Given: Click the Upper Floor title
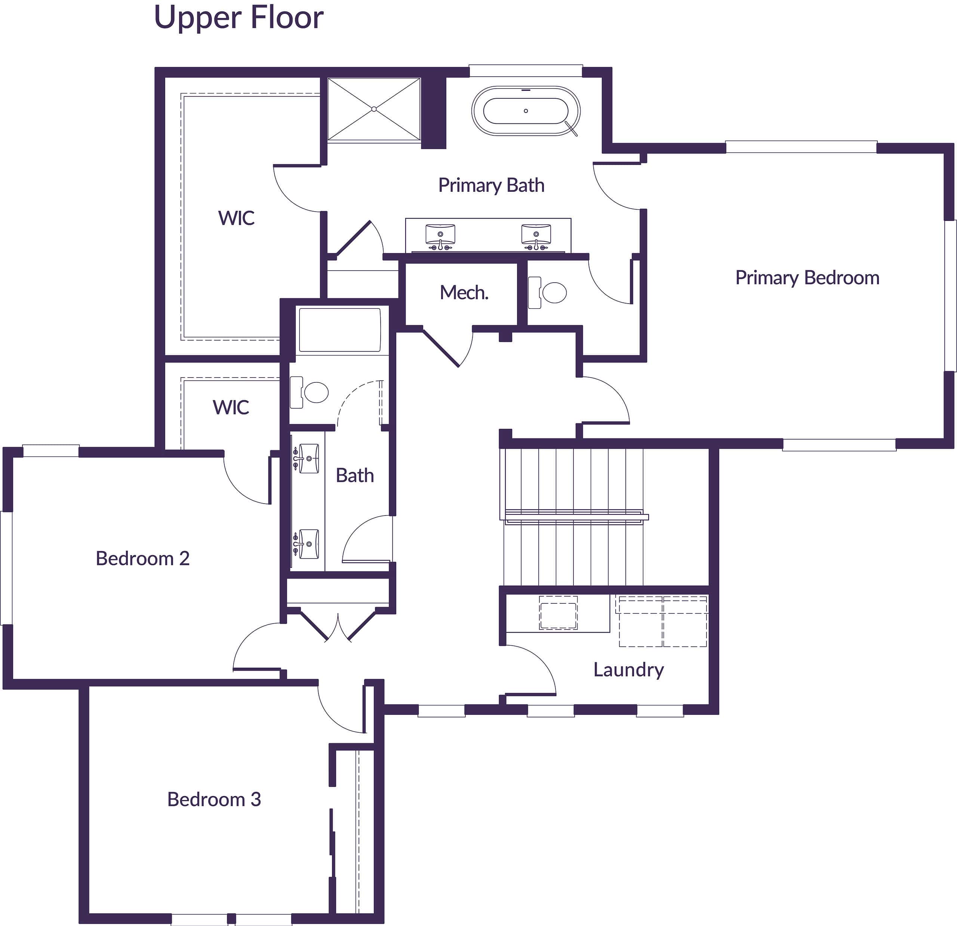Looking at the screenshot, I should tap(238, 18).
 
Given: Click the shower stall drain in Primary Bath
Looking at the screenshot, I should tap(374, 109).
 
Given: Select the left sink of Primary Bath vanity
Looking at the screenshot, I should tap(440, 234).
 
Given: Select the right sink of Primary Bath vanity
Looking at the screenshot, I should tap(536, 234).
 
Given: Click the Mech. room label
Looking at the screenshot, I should tap(464, 293).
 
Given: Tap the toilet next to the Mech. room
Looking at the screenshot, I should tap(552, 293).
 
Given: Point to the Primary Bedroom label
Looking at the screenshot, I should tap(807, 277).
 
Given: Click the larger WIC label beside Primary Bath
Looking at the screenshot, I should tap(236, 218).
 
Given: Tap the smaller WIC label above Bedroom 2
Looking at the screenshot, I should tap(231, 407).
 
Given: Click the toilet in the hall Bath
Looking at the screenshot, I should tap(313, 392).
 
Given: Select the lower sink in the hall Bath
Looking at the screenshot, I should tap(308, 544).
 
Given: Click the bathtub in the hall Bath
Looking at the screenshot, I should tap(339, 330).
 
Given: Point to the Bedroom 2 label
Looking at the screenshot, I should tap(142, 558).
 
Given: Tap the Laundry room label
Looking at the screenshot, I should tap(628, 670).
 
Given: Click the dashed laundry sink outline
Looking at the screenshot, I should tap(558, 612).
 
